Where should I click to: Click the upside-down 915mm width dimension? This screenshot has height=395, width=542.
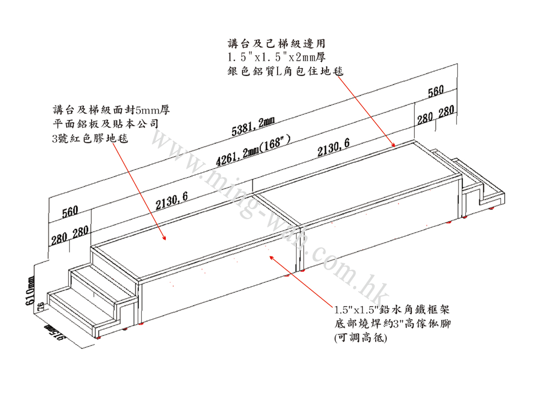tap(55, 334)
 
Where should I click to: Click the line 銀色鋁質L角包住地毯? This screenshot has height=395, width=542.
tap(285, 71)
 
